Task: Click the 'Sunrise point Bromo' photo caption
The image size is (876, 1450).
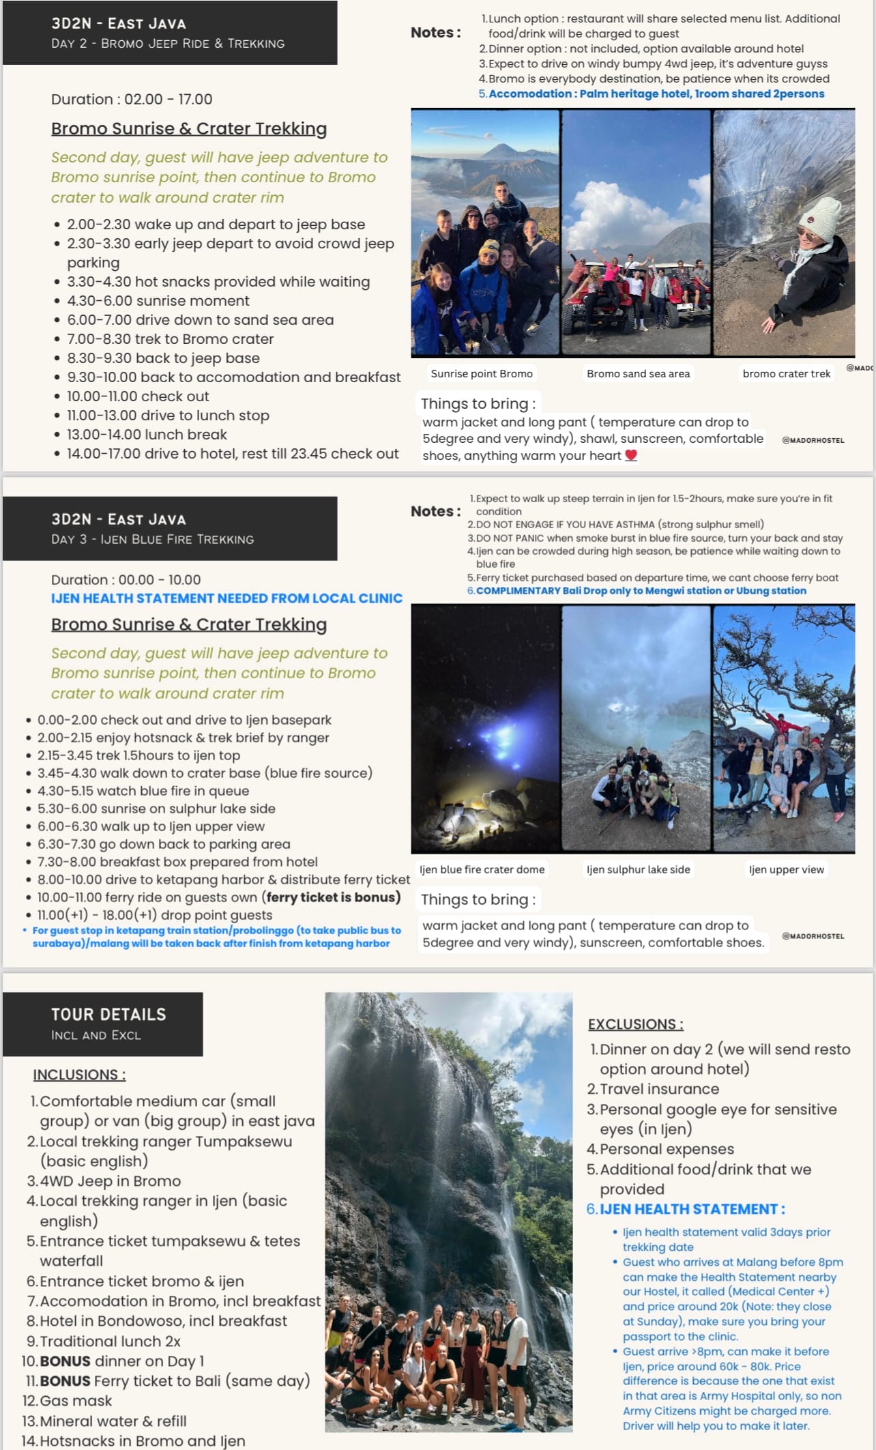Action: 481,373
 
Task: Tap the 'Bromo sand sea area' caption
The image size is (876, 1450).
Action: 638,373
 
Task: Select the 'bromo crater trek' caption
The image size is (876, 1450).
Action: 786,373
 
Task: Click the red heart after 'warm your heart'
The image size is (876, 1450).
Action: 631,455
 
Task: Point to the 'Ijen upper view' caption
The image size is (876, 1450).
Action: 786,869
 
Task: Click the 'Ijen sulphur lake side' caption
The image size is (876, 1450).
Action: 638,869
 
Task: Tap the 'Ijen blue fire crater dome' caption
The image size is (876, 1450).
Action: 482,869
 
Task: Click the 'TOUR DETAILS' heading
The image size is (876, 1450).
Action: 108,1014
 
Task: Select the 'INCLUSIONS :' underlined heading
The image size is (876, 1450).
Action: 79,1075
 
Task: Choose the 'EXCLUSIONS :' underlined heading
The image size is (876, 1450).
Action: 635,1024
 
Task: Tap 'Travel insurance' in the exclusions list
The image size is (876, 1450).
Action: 659,1089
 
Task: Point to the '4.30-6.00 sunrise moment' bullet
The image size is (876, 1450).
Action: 158,301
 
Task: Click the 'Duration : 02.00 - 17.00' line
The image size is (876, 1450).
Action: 132,100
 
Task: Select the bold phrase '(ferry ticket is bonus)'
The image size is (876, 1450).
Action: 333,897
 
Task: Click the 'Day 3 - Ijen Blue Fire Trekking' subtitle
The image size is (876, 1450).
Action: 152,539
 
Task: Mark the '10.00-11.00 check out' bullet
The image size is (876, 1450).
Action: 138,396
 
